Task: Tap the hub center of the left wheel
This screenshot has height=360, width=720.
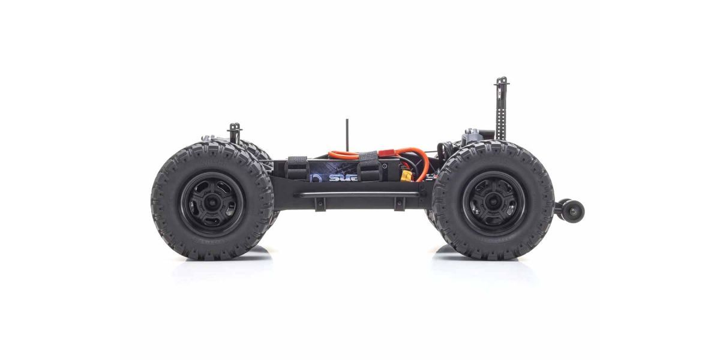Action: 212,201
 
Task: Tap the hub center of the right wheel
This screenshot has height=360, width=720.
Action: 492,201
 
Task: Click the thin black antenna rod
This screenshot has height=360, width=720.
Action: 346,136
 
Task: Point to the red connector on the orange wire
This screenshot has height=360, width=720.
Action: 388,155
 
